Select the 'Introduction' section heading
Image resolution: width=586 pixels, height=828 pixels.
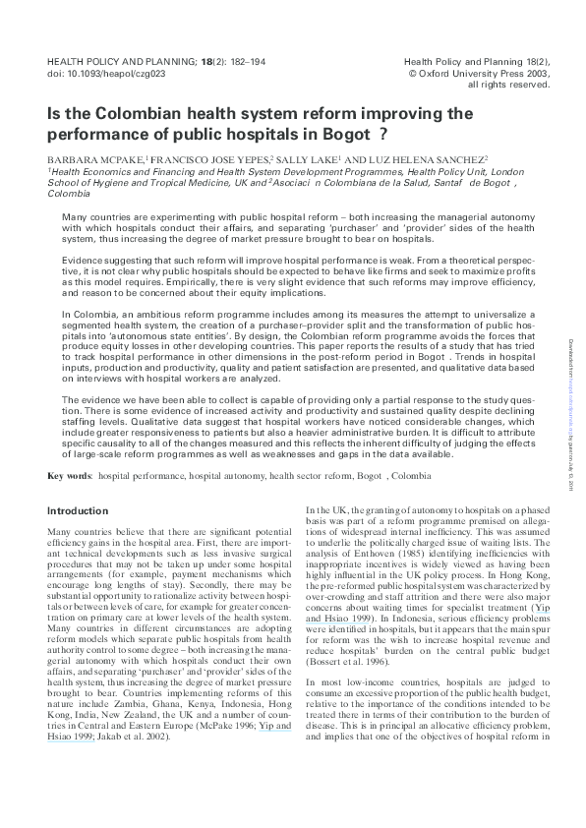coord(78,511)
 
